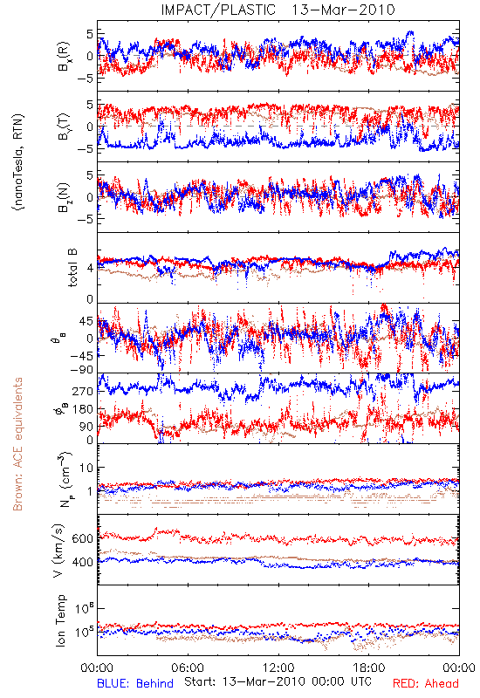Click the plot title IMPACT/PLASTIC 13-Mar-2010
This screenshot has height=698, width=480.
coord(278,10)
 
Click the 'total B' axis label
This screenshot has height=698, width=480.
coord(72,268)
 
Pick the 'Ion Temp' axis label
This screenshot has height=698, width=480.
coord(60,620)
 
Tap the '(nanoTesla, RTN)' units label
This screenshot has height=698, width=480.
coord(18,162)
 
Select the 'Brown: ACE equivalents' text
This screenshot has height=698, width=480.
coord(17,444)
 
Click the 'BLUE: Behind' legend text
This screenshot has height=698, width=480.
coord(135,683)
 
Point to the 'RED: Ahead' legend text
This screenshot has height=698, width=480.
coord(425,683)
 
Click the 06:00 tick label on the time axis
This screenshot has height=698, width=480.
coord(188,667)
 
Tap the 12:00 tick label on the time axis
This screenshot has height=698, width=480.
coord(278,667)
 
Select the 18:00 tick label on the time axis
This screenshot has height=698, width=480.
coord(368,667)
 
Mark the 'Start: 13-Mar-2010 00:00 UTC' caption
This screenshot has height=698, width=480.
coord(278,681)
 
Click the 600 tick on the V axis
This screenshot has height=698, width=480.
coord(83,538)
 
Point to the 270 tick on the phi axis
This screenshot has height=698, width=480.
coord(83,391)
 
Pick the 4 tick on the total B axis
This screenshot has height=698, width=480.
coord(90,268)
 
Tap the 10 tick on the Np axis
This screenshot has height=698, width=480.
coord(86,468)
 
